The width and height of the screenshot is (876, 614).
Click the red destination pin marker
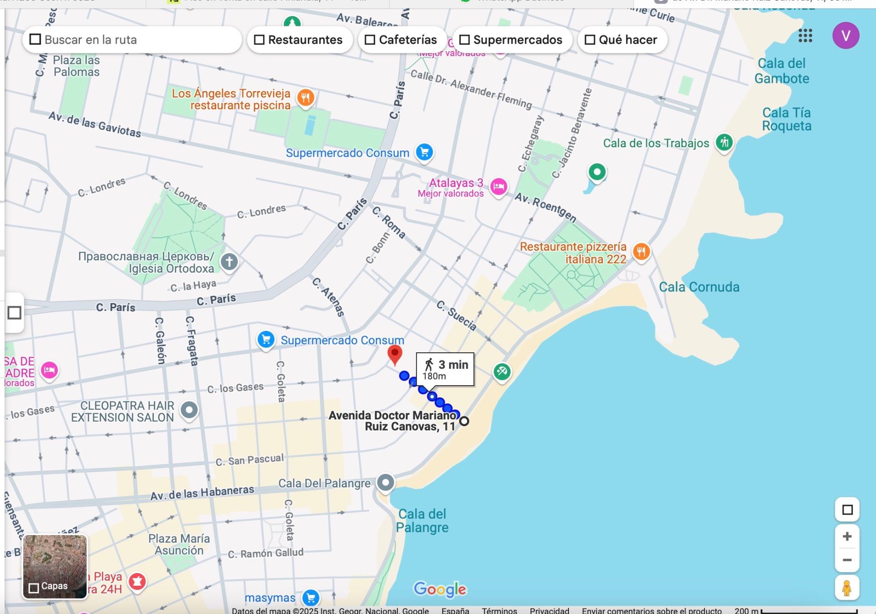coord(395,354)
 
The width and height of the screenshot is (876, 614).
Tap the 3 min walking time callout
coord(445,369)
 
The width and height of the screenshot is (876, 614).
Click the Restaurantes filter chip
coord(299,40)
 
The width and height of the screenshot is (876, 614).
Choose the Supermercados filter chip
coord(511,40)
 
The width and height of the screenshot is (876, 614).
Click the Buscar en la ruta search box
coord(132,40)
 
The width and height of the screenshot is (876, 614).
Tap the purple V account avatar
coord(845,36)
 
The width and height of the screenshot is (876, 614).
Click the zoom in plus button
coord(847,537)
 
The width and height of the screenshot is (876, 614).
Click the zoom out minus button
coord(847,560)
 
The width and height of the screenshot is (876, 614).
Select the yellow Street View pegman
coord(847,588)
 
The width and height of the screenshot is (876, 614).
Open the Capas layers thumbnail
coord(55,567)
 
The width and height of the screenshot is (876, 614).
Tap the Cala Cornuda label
coord(699,287)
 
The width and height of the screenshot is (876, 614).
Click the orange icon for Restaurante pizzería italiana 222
coord(641,251)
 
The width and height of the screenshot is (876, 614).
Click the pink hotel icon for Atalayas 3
coord(498,186)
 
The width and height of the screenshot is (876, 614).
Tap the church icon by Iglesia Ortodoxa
coord(229,262)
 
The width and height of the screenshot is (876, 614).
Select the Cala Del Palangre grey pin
coord(386,482)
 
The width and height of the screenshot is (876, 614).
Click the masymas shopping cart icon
coord(311,597)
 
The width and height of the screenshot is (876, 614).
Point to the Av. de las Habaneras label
coord(202,493)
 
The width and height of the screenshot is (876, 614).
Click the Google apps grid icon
coord(805,36)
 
